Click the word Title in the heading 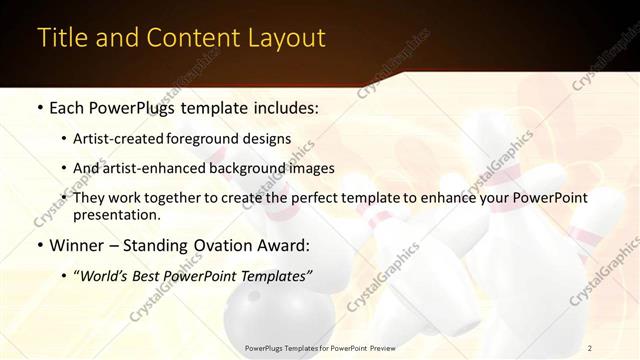[x=62, y=38]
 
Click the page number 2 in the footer [x=590, y=348]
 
